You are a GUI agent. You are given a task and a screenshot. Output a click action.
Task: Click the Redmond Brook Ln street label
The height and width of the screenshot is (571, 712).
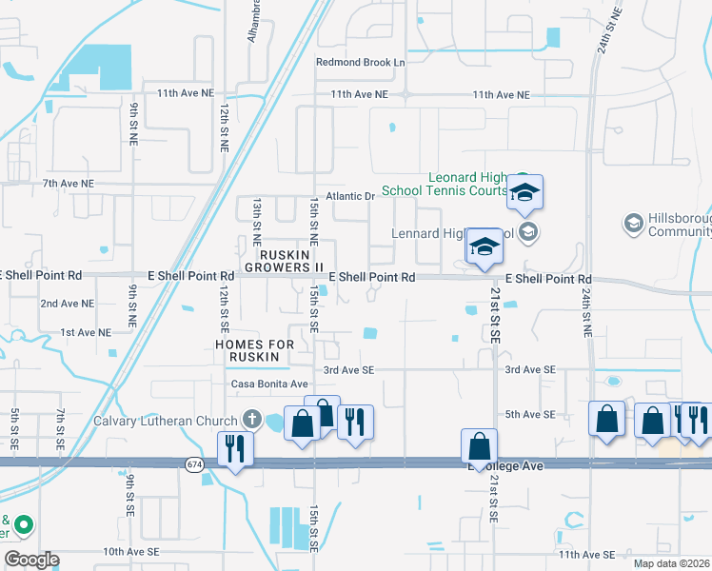coord(361,63)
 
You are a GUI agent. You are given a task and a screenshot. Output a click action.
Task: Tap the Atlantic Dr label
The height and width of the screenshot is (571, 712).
coord(351,197)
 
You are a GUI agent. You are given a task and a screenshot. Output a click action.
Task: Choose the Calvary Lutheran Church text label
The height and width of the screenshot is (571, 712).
coord(167,420)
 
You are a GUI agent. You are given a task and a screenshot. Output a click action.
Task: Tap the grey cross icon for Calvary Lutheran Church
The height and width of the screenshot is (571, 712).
coord(252,419)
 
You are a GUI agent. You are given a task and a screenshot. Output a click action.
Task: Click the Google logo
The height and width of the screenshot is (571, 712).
coord(31,559)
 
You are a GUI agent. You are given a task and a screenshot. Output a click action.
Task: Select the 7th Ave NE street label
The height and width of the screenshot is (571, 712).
coord(68,183)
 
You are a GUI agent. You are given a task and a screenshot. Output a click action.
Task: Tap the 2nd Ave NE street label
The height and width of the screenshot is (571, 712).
coord(67,304)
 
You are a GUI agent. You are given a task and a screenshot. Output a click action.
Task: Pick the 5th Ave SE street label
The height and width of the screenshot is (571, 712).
coord(530,414)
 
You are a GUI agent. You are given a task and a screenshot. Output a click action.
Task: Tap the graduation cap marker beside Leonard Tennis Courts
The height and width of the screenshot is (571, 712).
coord(524,194)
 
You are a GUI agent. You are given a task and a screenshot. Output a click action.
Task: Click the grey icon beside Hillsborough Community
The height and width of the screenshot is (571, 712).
coord(633,224)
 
